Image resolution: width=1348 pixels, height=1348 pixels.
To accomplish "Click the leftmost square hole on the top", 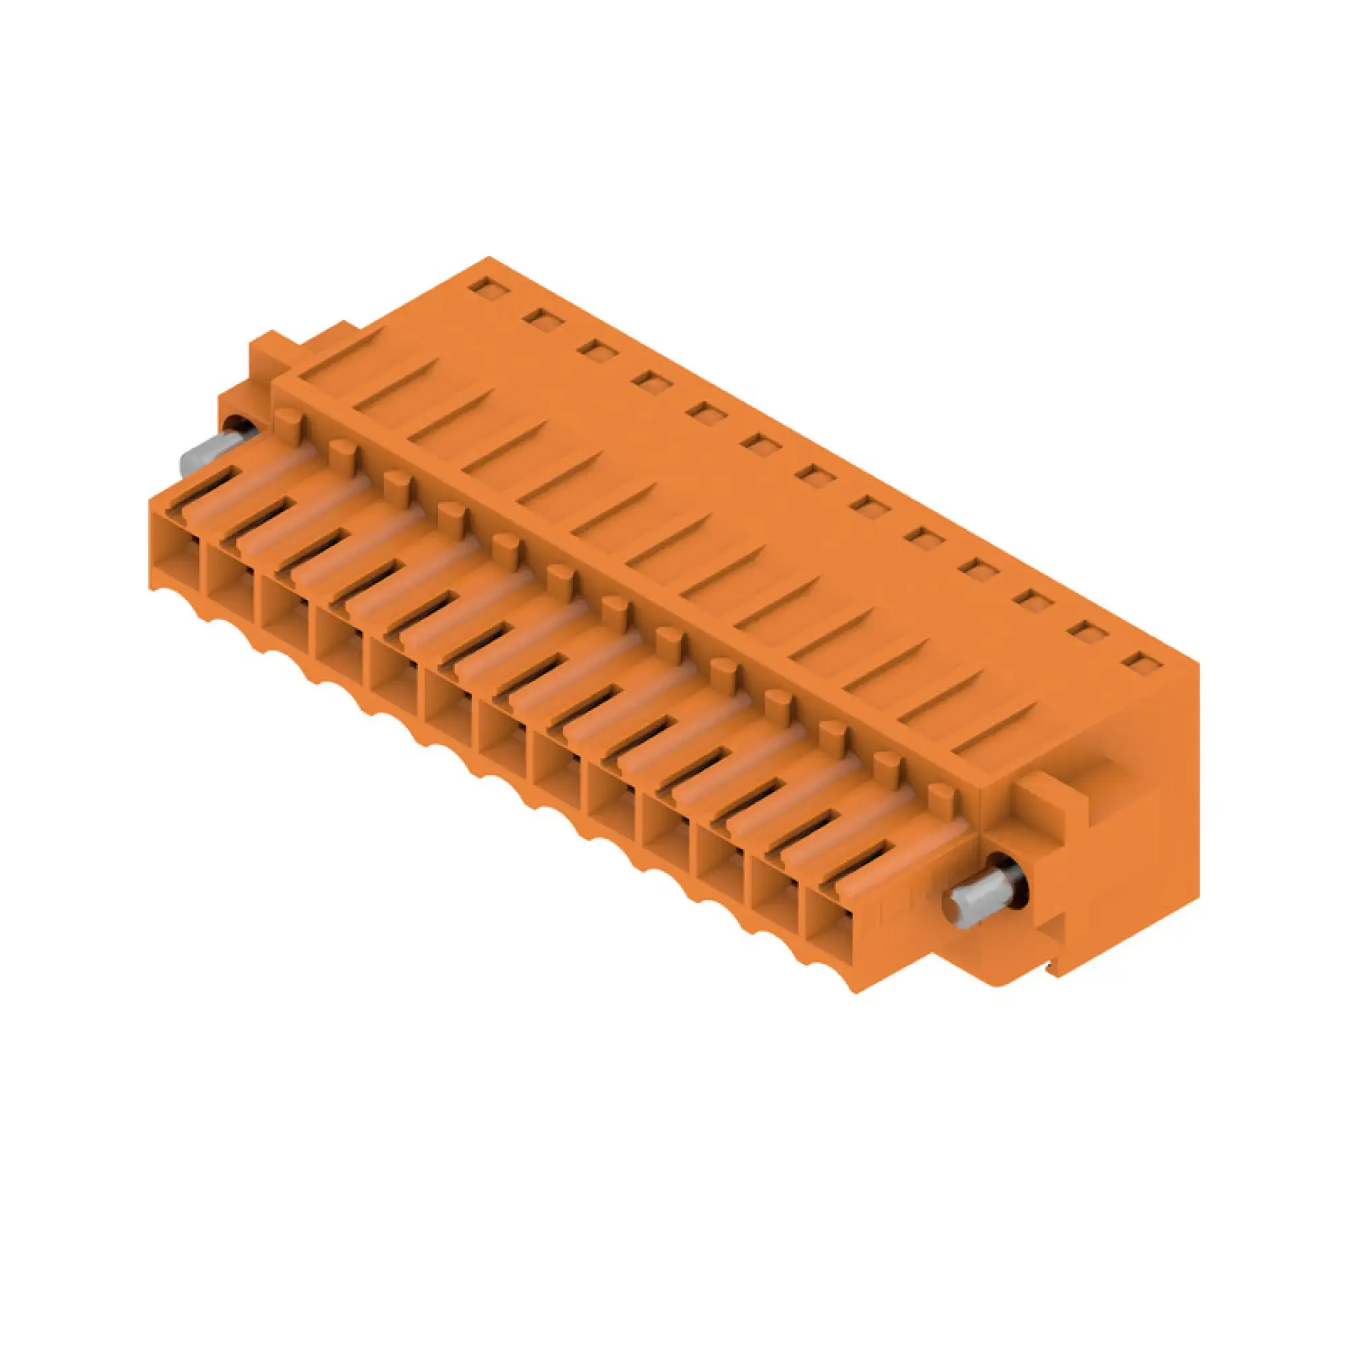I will [484, 286].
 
